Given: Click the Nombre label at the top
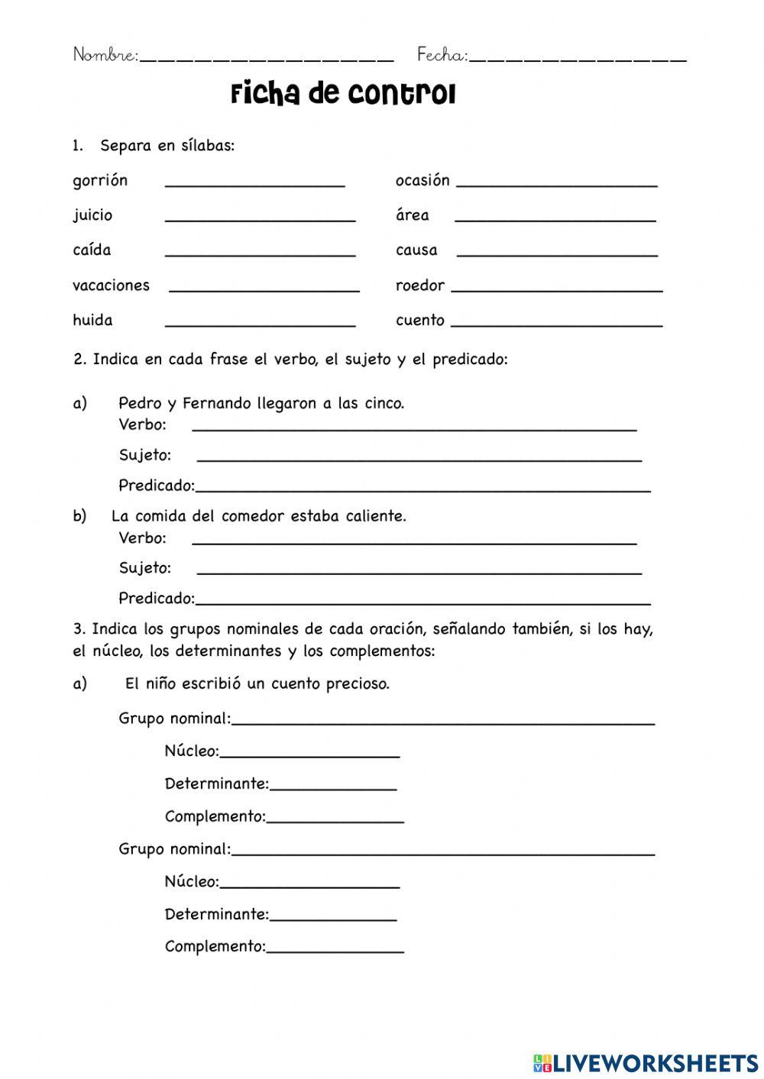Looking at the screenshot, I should coord(105,55).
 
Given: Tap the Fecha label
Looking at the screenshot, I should coord(442,55).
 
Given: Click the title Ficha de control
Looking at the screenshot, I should coord(343,95).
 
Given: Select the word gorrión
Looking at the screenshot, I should coord(100,181).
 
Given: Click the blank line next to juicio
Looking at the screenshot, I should coord(260,219).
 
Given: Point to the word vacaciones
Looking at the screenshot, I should coord(111,286).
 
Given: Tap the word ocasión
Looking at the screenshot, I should coord(422,181).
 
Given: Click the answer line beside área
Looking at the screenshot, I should coord(555,219).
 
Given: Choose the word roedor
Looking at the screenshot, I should coord(419,286).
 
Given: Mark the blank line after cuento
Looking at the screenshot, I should coord(556,325).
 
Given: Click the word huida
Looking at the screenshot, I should coord(92,321).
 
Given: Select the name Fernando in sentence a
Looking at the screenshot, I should coord(217,403).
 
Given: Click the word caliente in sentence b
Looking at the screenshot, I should coord(374,516).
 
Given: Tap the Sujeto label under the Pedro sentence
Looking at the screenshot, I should coord(144,456).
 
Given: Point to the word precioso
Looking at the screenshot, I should coord(358,684).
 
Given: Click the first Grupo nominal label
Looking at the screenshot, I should coord(174,719).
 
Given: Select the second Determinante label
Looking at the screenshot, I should coord(216,914).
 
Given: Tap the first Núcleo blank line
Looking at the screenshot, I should coord(309,755).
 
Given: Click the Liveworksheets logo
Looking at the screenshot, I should coord(646,1062).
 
